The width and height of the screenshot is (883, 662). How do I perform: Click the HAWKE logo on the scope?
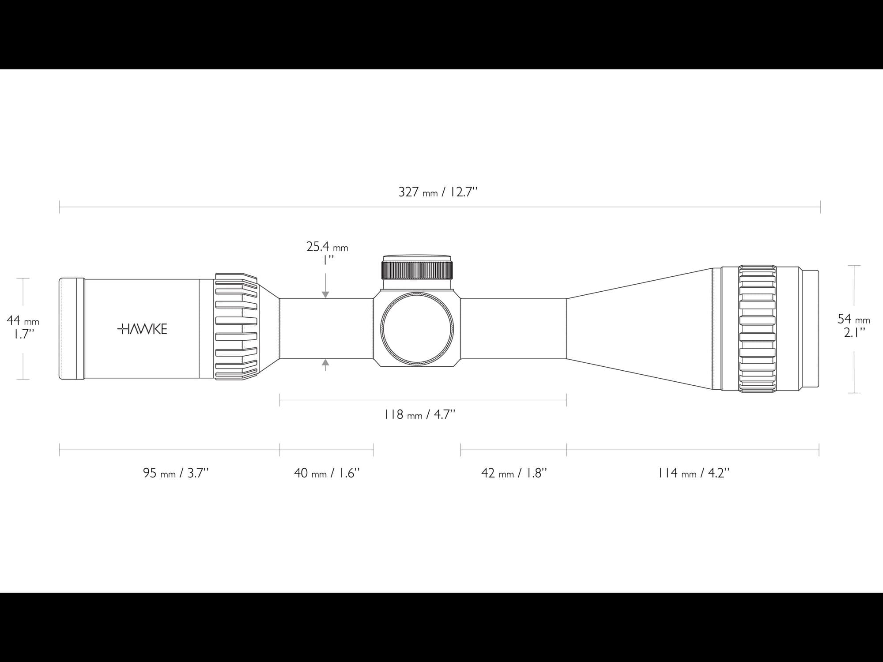(x=142, y=329)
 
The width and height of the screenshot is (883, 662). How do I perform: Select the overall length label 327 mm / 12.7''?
(x=438, y=192)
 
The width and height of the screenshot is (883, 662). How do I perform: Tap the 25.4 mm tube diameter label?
(x=327, y=247)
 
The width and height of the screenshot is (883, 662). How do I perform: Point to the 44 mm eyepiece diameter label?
(x=23, y=320)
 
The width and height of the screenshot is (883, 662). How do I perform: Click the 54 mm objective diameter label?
(x=854, y=319)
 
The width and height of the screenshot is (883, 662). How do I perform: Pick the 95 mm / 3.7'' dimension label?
(x=176, y=473)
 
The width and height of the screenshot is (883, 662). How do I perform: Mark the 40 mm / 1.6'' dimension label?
(x=327, y=473)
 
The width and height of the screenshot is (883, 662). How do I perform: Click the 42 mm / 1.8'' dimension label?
(x=514, y=473)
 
